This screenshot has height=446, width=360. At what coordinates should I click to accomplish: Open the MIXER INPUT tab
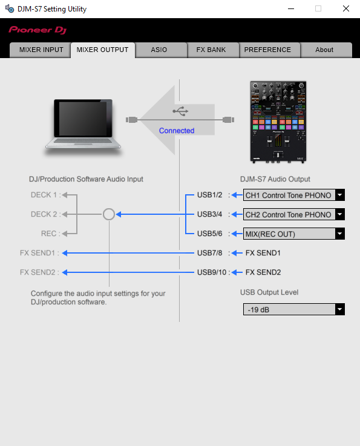[x=41, y=50]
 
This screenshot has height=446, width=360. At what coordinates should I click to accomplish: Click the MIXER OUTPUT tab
[x=103, y=50]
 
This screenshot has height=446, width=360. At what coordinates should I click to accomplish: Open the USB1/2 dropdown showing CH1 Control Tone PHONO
[x=294, y=195]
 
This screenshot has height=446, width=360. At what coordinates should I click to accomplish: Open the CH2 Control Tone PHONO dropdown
[x=294, y=214]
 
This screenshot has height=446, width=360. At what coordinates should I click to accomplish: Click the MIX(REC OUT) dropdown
[x=294, y=234]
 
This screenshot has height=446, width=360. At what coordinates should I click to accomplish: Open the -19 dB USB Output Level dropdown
[x=294, y=309]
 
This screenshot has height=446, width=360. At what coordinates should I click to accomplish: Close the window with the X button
[x=346, y=8]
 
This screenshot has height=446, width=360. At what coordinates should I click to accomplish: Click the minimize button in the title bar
[x=291, y=8]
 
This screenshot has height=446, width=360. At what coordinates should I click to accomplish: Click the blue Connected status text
[x=177, y=131]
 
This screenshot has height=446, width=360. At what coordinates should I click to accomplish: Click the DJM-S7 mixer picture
[x=278, y=122]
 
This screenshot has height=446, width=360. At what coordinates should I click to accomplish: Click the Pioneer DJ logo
[x=38, y=30]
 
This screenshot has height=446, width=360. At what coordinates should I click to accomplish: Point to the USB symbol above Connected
[x=180, y=111]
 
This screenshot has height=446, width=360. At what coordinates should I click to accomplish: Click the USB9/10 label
[x=212, y=272]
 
